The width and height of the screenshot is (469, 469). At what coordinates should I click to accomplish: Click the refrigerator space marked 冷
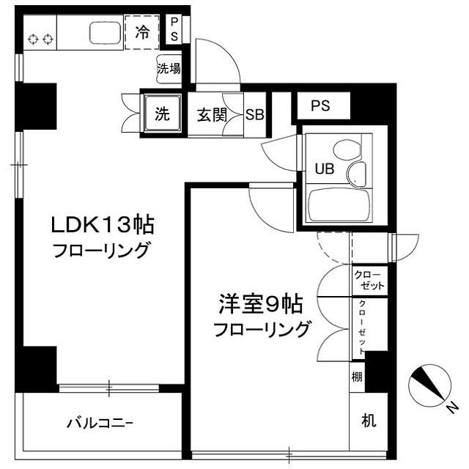pos(141,32)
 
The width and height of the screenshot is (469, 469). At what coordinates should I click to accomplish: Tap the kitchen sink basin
pos(106,32)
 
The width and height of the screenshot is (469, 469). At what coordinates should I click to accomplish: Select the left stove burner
pos(33,39)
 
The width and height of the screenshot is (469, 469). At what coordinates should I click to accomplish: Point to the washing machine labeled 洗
pos(163,114)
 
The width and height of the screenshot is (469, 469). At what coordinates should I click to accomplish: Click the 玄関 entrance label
pos(212,115)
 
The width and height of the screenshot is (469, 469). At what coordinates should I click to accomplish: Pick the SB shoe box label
pos(255,114)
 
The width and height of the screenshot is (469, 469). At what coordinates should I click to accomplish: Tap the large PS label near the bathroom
pos(320,106)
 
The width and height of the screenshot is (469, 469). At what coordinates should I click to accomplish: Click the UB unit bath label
pos(325,169)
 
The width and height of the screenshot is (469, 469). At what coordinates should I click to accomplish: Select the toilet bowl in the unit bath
pos(347,150)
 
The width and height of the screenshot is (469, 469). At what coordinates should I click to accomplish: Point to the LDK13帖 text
pos(103,225)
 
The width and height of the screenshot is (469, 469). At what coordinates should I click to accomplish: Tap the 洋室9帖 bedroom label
pos(261,304)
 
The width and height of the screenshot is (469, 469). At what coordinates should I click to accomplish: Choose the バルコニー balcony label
pos(100,424)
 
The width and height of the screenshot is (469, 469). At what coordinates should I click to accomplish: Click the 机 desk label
pos(369,420)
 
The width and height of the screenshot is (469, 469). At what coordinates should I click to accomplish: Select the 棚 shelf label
pos(357,377)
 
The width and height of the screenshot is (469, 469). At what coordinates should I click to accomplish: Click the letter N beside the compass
pos(453,408)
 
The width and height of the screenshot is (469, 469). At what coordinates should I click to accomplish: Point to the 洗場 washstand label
pos(169,69)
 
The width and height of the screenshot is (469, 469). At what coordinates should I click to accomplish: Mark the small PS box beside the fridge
pos(174,29)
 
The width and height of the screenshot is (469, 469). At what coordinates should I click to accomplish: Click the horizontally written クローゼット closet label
pos(369,280)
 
